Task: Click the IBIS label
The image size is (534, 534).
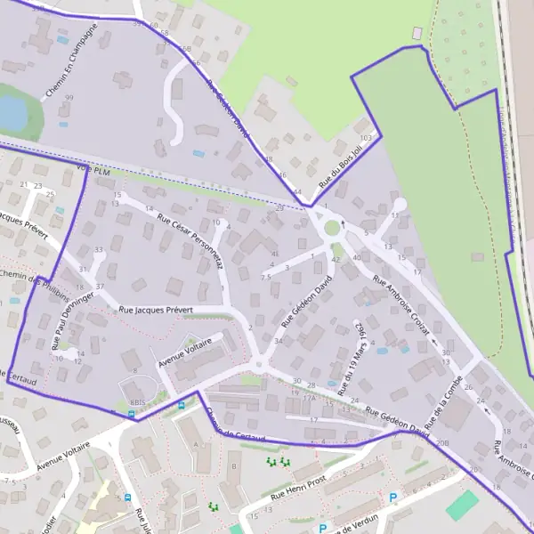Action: [x=137, y=402]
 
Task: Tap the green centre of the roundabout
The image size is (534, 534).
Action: [x=332, y=228]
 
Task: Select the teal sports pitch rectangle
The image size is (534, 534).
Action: [x=461, y=505]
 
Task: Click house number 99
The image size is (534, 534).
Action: [x=69, y=98]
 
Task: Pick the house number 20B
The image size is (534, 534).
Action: [x=442, y=442]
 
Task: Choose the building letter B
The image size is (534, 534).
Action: [x=233, y=465]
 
